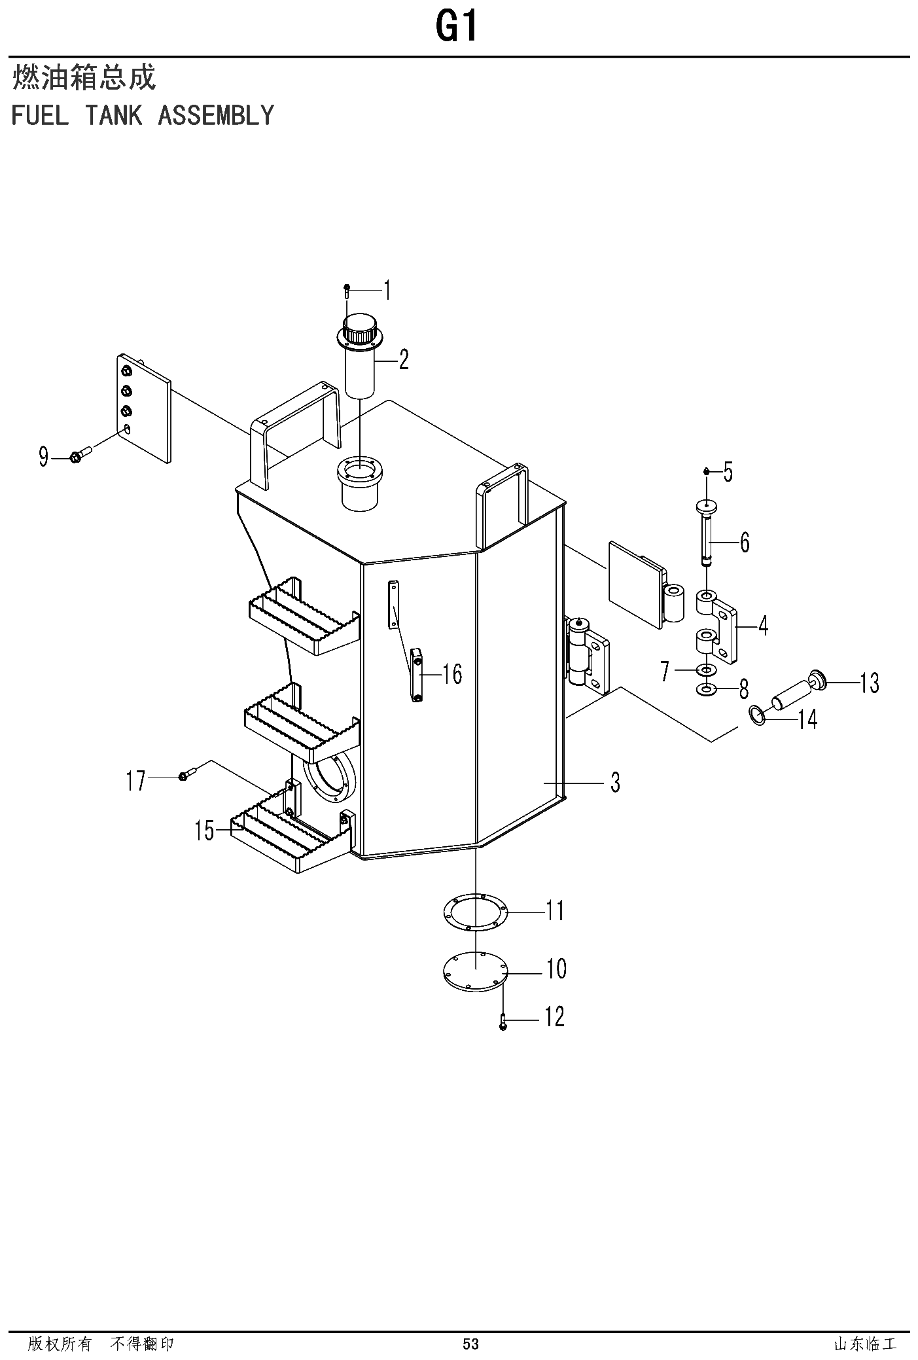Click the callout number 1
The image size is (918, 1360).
387,290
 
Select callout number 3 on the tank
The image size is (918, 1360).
615,782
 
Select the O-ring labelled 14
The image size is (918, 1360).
757,715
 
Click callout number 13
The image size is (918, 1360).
870,684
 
